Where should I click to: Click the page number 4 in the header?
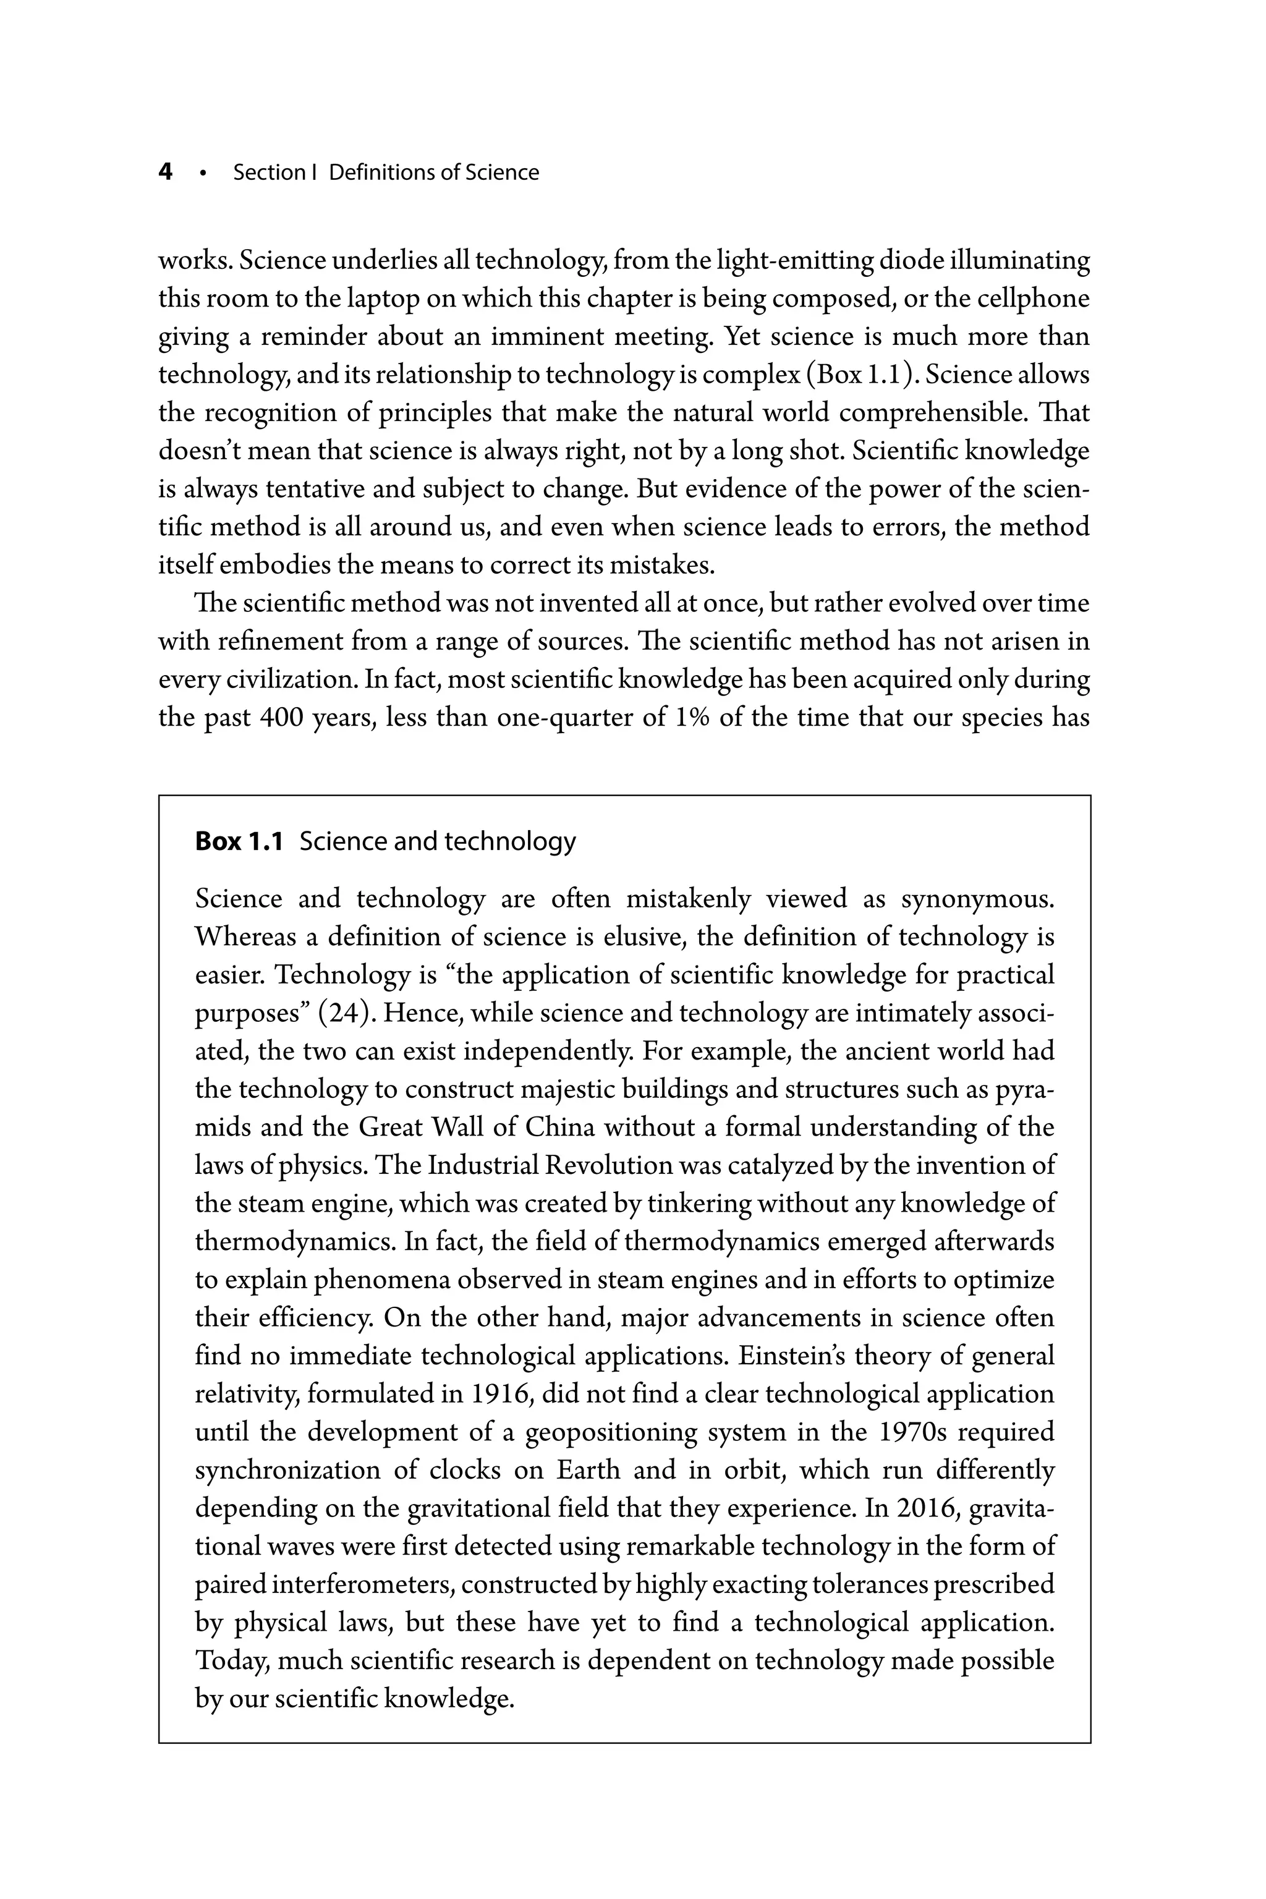166,172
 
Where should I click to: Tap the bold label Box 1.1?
239,841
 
